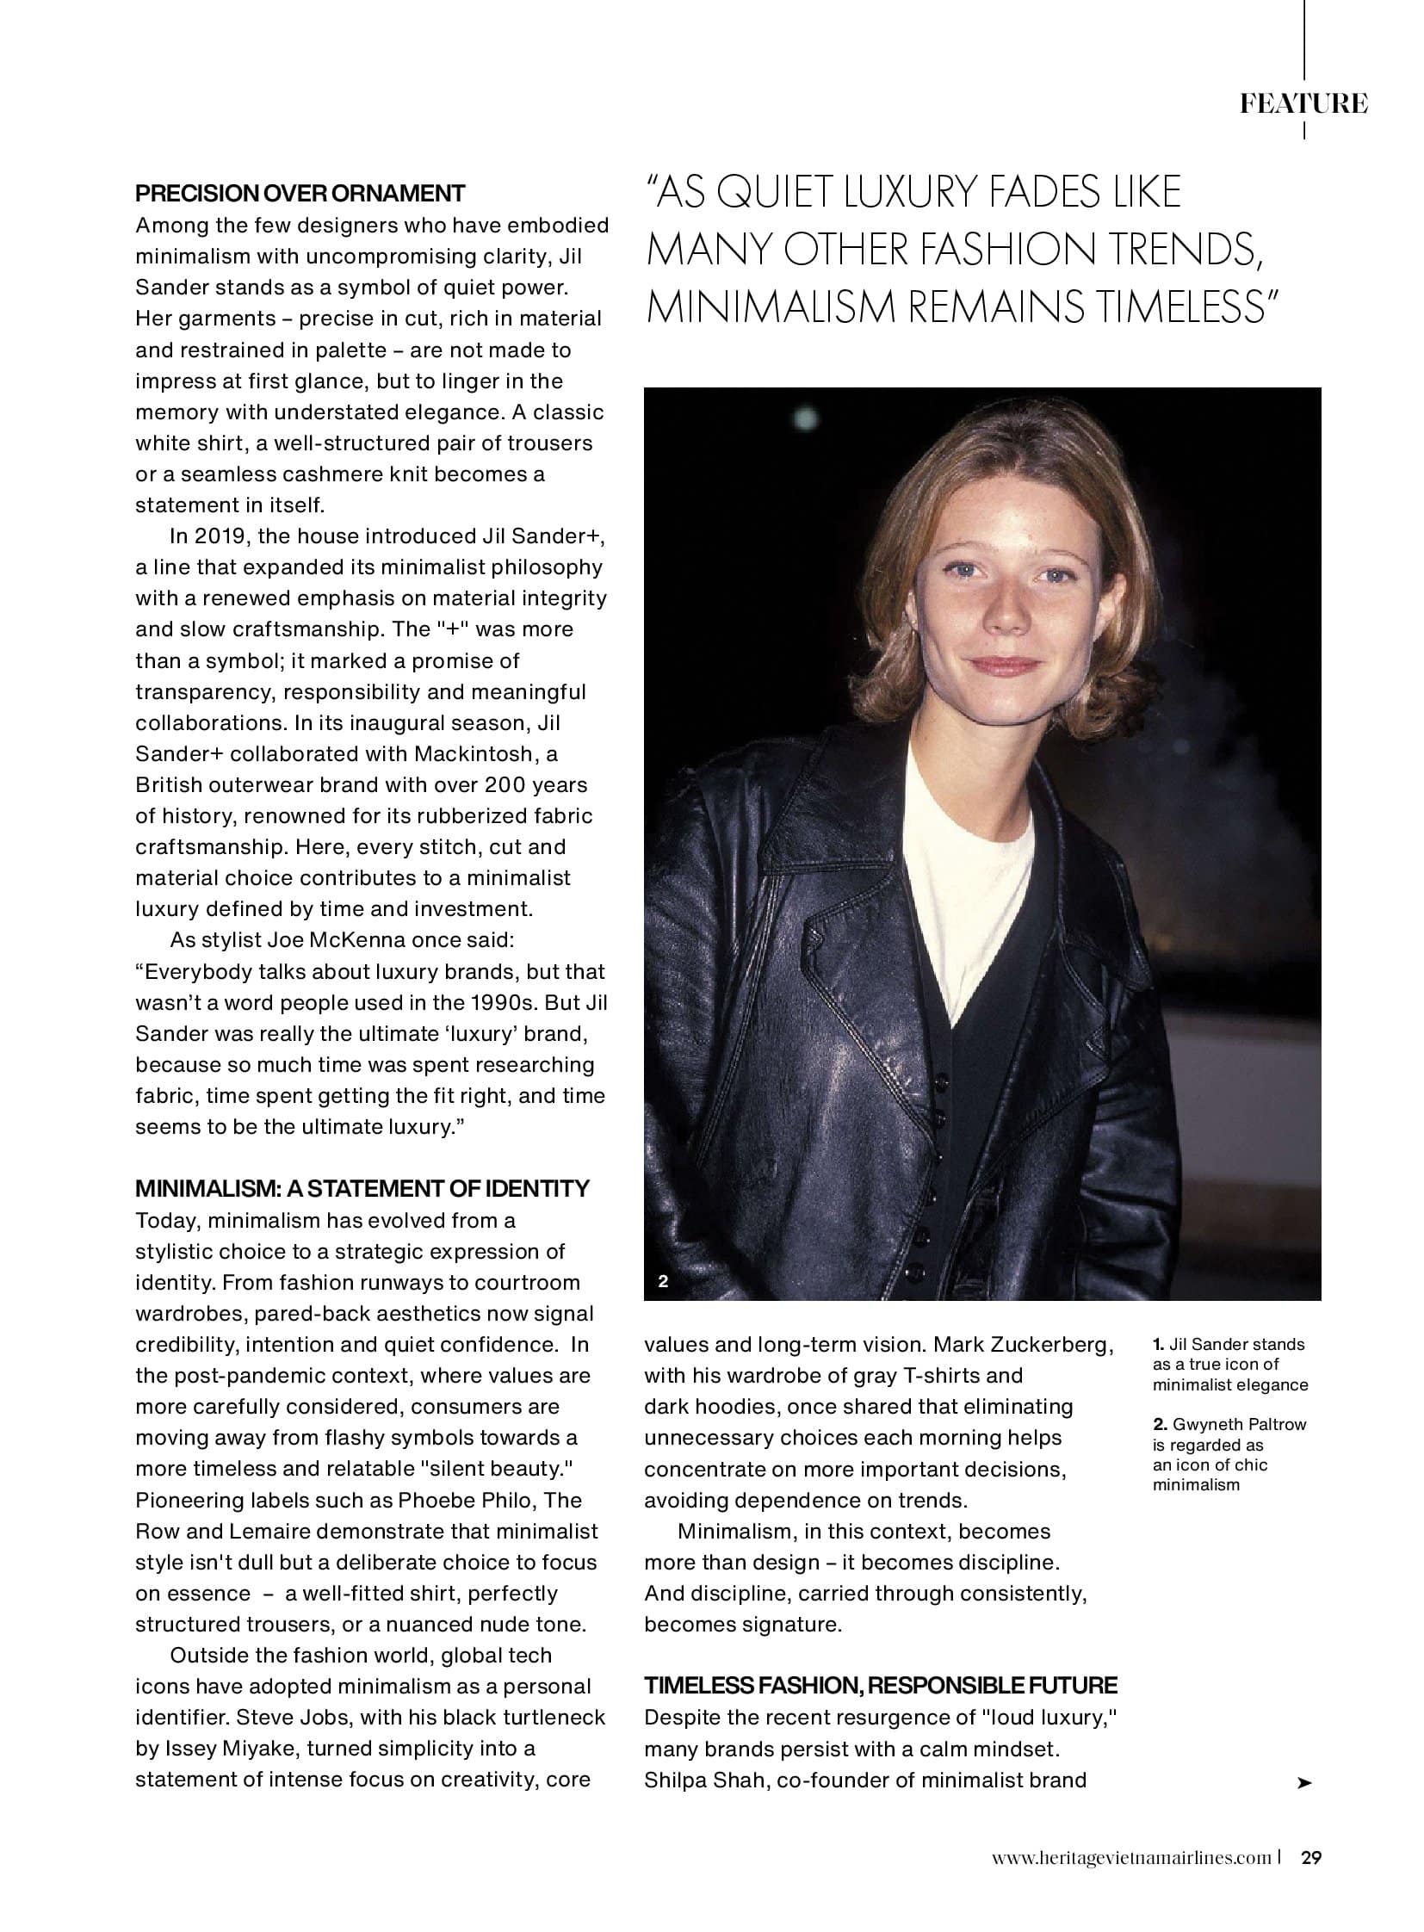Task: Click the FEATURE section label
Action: coord(1303,104)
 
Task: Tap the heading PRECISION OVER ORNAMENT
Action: coord(300,193)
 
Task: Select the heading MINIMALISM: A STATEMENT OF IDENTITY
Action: coord(362,1188)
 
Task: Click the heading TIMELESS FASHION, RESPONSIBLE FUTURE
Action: coord(880,1686)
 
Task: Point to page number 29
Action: coord(1311,1858)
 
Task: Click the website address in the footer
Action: coord(1131,1858)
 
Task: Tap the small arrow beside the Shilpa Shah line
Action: coord(1304,1783)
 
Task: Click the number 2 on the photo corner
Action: coord(663,1281)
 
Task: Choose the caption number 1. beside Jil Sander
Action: coord(1159,1345)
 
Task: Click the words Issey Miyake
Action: coord(227,1749)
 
